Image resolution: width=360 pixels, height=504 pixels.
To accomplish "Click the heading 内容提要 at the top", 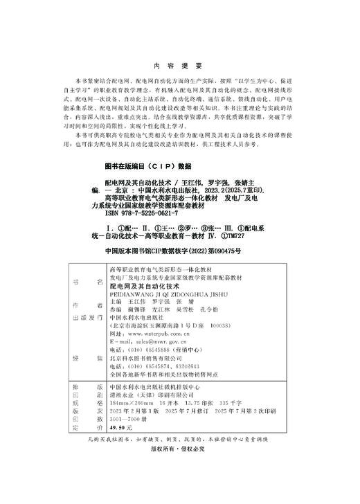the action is point(180,66).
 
